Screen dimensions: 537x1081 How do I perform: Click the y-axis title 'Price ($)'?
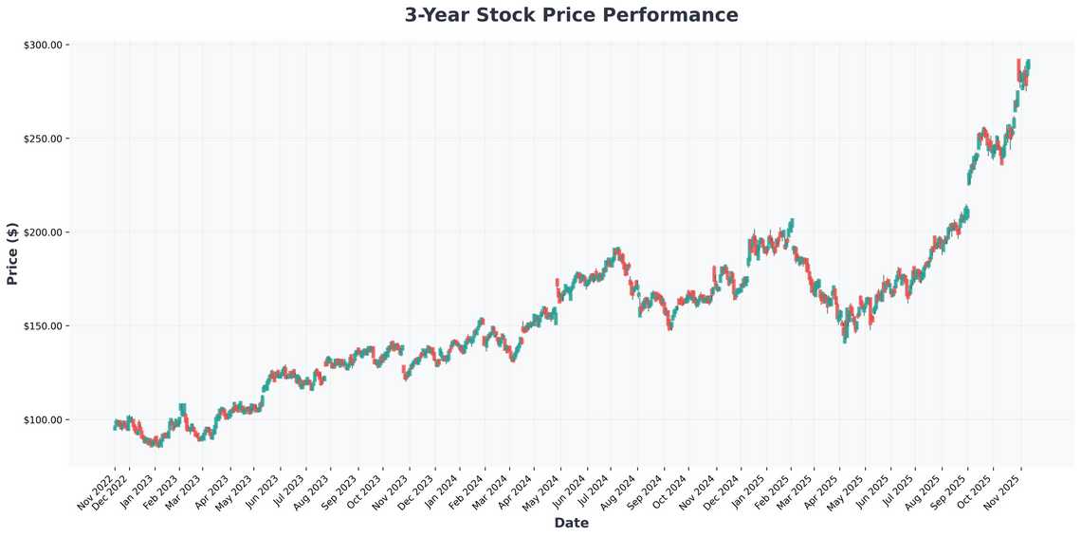point(12,252)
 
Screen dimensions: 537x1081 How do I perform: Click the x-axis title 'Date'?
point(571,523)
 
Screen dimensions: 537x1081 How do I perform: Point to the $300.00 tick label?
point(43,46)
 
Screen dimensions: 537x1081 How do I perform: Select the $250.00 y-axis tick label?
point(43,139)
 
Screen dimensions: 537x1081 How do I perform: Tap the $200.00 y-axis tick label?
point(43,232)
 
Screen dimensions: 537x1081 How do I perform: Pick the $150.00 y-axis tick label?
point(43,326)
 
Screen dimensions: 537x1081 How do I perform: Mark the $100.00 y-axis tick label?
point(43,420)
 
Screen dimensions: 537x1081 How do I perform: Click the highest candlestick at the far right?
point(1029,65)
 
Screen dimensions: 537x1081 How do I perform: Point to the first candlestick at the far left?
point(115,426)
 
